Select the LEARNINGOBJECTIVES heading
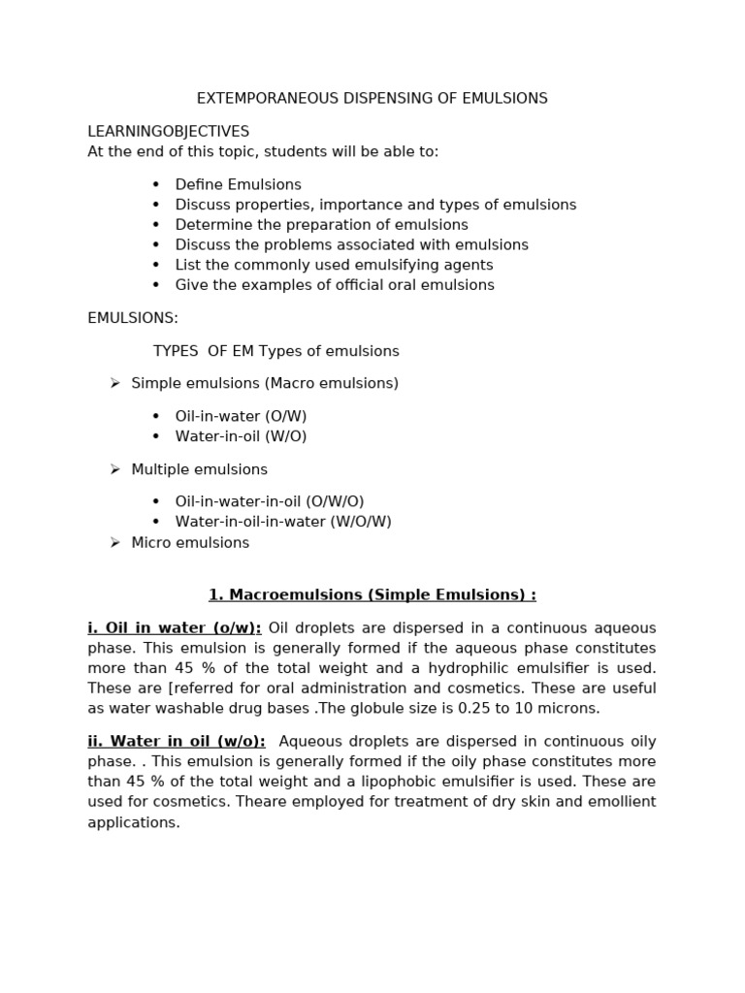coord(168,132)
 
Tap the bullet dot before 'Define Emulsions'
coord(155,185)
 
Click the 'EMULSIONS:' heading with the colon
coord(133,318)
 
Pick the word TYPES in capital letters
coord(176,351)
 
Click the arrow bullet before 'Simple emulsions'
coord(114,384)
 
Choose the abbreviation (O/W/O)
coord(335,502)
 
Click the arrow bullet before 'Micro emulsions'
coord(114,543)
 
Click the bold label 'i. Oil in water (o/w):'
coord(175,628)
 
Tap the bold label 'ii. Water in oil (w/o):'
coord(177,742)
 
